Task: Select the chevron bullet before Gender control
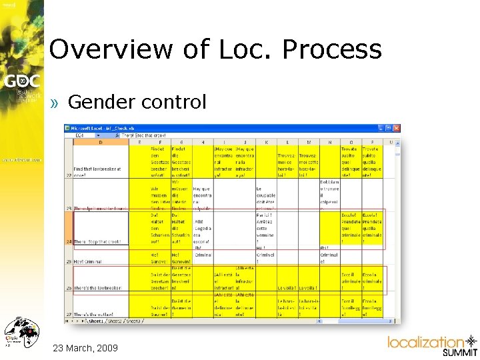point(57,103)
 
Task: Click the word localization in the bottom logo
point(425,343)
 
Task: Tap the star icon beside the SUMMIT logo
point(471,342)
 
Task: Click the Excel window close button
point(397,127)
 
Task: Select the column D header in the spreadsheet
point(101,141)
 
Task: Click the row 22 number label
point(69,175)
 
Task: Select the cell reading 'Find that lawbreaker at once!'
point(100,171)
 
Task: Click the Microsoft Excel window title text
point(107,127)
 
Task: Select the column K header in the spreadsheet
point(265,141)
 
